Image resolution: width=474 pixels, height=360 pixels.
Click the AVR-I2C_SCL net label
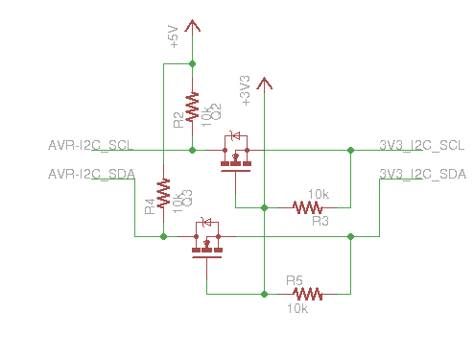pos(91,146)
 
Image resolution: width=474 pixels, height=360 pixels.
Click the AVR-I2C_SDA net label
pos(91,174)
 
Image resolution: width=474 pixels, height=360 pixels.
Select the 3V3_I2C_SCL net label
pos(422,146)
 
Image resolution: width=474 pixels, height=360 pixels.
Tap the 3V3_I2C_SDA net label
pos(422,174)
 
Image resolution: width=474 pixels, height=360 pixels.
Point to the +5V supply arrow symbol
pos(193,26)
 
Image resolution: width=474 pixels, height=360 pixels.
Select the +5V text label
pos(175,36)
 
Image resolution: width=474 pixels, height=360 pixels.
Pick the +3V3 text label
pos(246,88)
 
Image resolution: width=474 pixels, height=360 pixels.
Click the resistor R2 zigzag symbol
pos(193,105)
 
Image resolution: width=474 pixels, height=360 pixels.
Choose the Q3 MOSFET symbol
pos(206,240)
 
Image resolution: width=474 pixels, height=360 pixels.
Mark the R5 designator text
pos(296,281)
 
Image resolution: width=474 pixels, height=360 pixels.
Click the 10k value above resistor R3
pos(318,194)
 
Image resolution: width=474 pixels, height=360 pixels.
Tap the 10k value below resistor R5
pos(297,309)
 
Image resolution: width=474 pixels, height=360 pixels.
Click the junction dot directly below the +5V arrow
pos(193,64)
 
